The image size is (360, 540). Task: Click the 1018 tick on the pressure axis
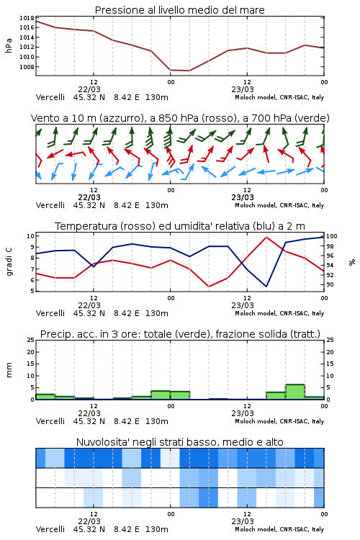click(27, 18)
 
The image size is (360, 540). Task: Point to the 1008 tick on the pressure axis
click(27, 67)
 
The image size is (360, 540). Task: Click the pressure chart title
click(179, 10)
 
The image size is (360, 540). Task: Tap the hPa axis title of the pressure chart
click(9, 45)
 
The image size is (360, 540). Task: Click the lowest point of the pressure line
click(189, 71)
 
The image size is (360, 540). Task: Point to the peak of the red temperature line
click(266, 237)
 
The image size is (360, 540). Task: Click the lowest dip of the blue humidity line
click(266, 286)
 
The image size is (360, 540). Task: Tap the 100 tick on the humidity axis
click(332, 236)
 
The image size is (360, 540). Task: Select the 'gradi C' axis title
click(9, 262)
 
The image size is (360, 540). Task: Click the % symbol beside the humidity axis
click(352, 262)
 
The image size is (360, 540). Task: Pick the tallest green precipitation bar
click(295, 392)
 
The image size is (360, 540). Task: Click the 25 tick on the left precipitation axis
click(31, 340)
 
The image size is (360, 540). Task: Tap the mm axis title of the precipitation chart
click(9, 370)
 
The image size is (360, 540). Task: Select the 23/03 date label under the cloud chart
click(243, 521)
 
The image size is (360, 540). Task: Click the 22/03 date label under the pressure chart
click(89, 89)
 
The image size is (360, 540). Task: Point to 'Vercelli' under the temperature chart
click(50, 313)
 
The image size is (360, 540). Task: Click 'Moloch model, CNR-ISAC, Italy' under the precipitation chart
click(279, 421)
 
